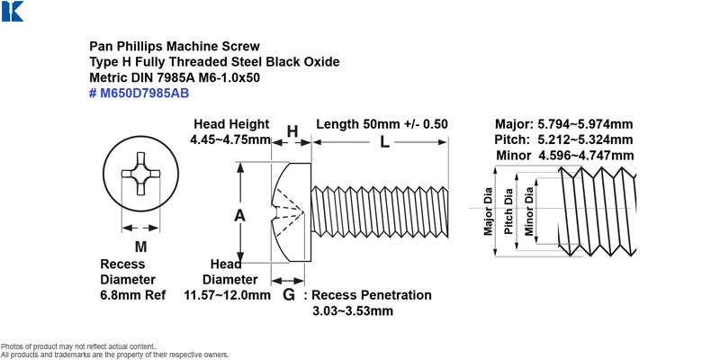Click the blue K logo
click(x=13, y=12)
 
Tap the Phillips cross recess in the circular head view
click(x=140, y=174)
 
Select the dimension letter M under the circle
click(x=140, y=247)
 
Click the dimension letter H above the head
click(x=292, y=131)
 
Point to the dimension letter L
click(x=384, y=142)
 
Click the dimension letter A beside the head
click(x=239, y=215)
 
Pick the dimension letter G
click(x=288, y=295)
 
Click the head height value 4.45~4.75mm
click(x=230, y=139)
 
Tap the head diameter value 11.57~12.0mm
click(x=228, y=295)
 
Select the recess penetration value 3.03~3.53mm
click(x=353, y=310)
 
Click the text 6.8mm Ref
click(x=132, y=295)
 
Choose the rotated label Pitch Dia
click(x=508, y=211)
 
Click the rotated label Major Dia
click(x=488, y=211)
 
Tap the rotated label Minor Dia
click(x=529, y=211)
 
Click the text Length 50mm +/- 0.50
click(x=382, y=124)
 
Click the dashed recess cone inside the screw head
click(x=288, y=211)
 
